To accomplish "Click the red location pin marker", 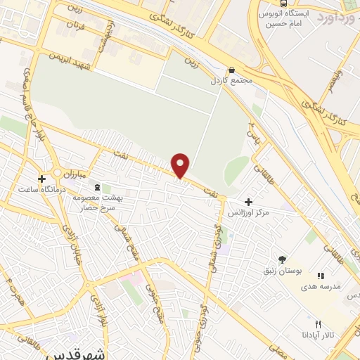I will point(181,165).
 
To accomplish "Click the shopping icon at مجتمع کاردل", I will point(231,70).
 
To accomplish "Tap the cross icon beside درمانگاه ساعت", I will point(42,179).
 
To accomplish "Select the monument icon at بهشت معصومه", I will point(97,187).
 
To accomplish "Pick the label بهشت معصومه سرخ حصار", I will point(98,203).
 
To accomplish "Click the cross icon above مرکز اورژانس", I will point(248,202).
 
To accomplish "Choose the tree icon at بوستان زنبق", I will point(282,259).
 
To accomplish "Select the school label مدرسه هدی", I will point(321,286).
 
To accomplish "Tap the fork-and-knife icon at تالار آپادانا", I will point(318,324).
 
